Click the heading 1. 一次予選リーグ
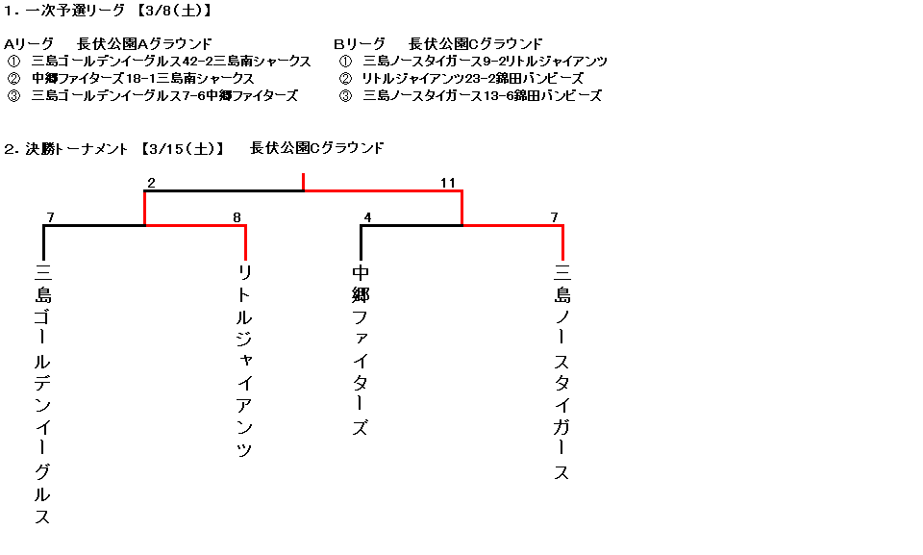click(64, 10)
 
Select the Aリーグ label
click(28, 44)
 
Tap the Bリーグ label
click(360, 44)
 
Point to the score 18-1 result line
click(143, 78)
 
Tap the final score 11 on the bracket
click(448, 183)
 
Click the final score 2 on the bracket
click(151, 183)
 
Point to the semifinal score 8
click(237, 217)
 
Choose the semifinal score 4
click(367, 217)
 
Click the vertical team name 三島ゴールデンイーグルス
click(42, 394)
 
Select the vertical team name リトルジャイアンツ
click(244, 361)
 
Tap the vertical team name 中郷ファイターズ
click(361, 350)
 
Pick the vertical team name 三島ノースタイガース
click(562, 372)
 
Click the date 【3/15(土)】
click(183, 149)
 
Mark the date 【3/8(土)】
click(174, 10)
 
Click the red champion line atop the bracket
click(303, 182)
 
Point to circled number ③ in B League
click(345, 95)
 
